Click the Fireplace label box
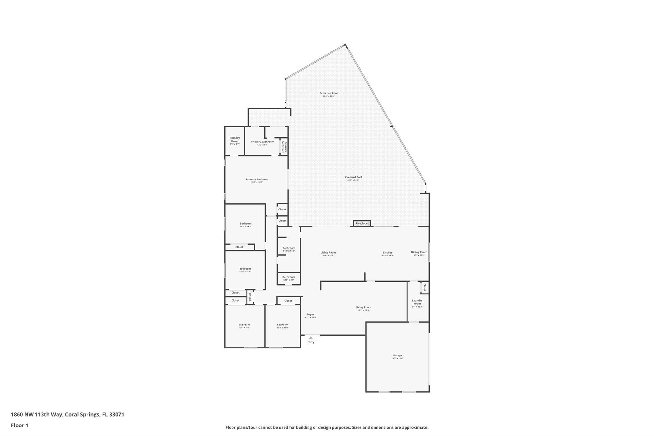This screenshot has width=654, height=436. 361,223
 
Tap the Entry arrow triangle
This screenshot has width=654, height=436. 311,338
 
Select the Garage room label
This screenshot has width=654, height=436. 397,356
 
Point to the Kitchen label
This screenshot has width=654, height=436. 388,254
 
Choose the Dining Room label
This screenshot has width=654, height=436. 419,253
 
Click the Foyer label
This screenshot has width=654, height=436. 310,316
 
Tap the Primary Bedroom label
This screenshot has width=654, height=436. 257,180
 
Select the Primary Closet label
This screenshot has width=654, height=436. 234,141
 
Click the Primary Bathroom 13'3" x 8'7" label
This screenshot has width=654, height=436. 262,143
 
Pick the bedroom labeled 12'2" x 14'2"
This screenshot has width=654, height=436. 246,225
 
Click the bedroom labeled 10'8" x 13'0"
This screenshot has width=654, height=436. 282,326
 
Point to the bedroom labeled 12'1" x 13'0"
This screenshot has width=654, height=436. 244,326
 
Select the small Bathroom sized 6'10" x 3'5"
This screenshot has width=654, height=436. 288,278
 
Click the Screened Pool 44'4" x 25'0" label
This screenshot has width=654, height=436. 328,94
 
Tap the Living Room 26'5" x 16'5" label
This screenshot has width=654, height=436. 363,308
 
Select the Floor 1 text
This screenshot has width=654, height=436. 19,425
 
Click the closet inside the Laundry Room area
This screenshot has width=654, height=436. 424,287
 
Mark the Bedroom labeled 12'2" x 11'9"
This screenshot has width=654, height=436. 245,270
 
